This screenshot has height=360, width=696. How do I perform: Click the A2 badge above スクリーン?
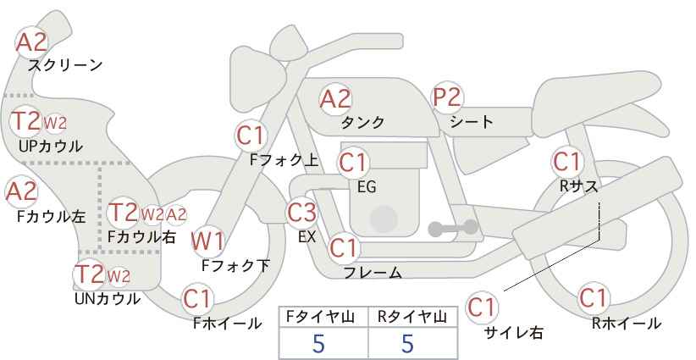pos(31,42)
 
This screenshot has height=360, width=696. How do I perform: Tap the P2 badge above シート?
pos(447,97)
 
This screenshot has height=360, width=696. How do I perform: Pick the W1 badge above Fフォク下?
pos(207,241)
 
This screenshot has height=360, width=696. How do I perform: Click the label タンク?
pos(362,122)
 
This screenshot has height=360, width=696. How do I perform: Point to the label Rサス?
pos(579,186)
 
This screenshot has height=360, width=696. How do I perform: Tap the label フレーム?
pos(373,273)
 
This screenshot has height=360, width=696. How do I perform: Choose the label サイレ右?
pos(514,332)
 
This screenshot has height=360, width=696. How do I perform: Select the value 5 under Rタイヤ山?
pos(407,343)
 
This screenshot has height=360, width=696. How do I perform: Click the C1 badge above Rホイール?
pos(593,297)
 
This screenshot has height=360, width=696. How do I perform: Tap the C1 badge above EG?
pos(353,163)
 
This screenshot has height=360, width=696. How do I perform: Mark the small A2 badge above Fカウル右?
pos(176,215)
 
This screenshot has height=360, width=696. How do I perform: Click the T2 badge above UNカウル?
pos(90,274)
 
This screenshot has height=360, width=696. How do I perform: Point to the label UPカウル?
pos(51,146)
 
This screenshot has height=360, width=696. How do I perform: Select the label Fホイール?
pos(228,324)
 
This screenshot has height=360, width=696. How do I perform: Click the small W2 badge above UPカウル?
pos(54,123)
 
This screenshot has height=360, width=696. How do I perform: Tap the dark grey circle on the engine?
pos(384,219)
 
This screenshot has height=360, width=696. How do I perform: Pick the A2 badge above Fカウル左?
pos(21,191)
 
